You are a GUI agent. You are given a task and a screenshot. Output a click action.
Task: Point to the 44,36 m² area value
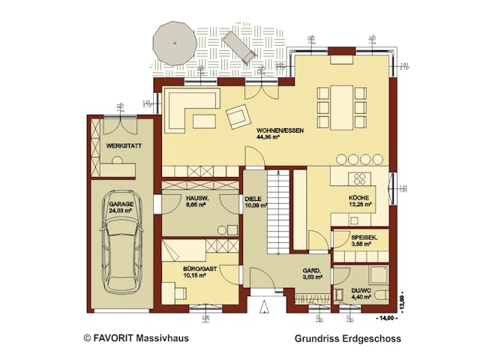click(268, 138)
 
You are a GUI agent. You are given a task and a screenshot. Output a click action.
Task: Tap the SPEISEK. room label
click(364, 238)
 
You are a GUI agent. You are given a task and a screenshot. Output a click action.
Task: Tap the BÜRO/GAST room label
click(198, 267)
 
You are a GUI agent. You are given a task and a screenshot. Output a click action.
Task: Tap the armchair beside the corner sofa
click(238, 116)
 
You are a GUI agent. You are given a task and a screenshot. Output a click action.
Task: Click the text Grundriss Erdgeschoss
click(347, 338)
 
